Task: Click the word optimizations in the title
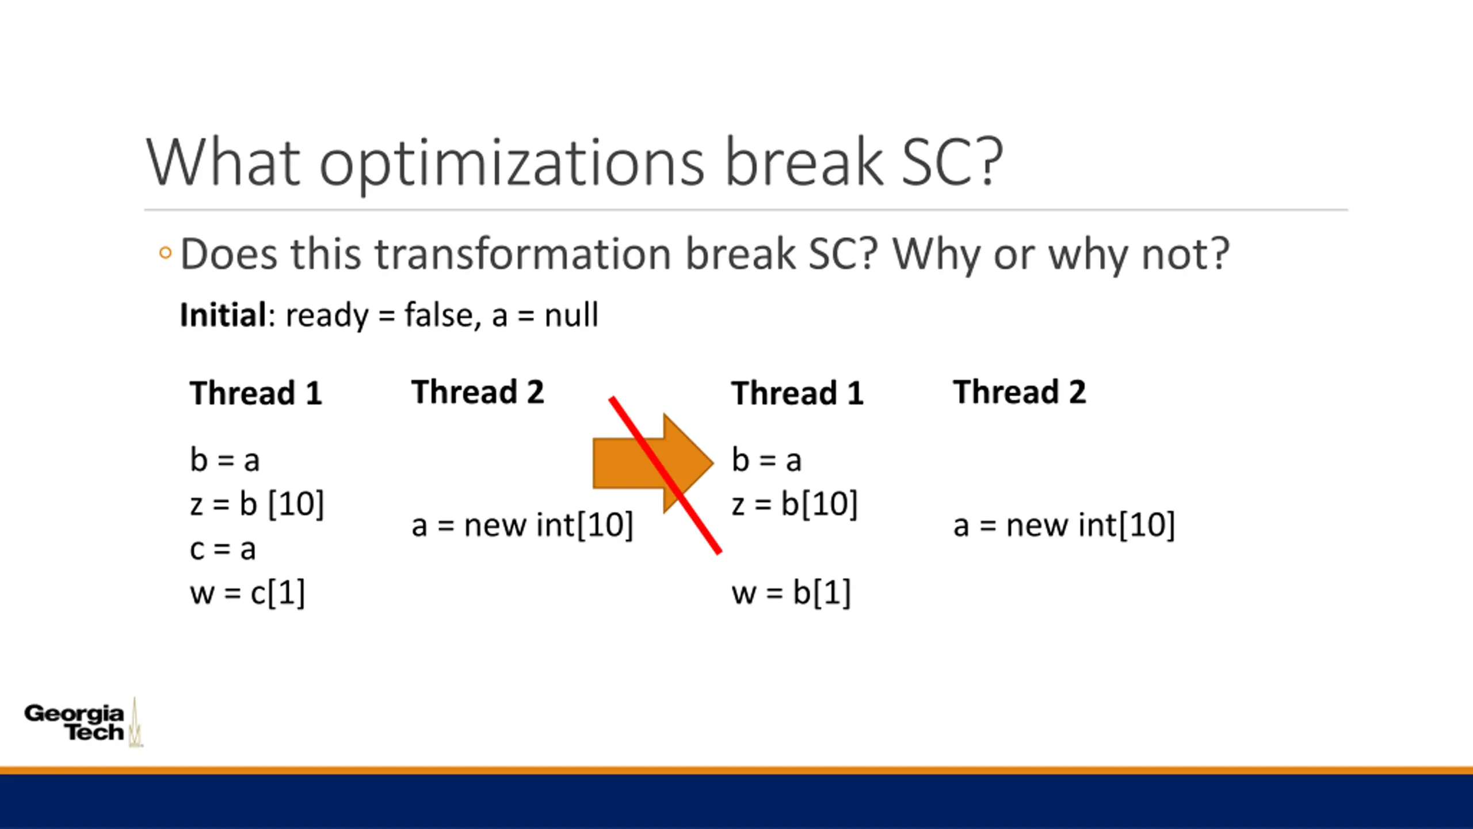click(512, 163)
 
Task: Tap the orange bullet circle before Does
click(165, 253)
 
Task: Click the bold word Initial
click(223, 315)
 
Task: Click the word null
click(571, 315)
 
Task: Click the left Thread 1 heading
click(256, 393)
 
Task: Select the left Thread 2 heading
click(478, 392)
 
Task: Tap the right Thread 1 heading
click(797, 393)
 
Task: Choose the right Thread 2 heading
click(1020, 392)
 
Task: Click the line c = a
click(223, 549)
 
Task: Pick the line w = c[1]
click(247, 592)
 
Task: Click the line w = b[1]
click(791, 592)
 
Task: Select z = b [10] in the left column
click(257, 504)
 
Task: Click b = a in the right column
click(766, 460)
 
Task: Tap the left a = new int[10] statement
click(522, 525)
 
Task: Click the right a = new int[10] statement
click(1064, 525)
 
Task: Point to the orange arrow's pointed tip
click(713, 462)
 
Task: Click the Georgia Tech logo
click(83, 722)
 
